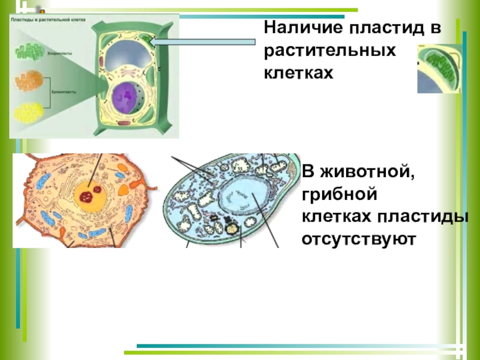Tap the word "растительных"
(330, 50)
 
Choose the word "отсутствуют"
(358, 239)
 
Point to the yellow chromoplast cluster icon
(26, 113)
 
